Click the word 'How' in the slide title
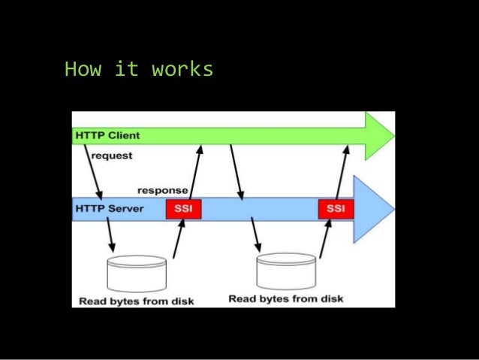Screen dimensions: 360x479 [80, 70]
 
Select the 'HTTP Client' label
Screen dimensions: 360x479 [107, 135]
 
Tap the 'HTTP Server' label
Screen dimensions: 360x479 [108, 207]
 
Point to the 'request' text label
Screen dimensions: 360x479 [112, 156]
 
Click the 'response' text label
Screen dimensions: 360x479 [162, 191]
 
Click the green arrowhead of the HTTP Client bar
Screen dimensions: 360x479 [379, 136]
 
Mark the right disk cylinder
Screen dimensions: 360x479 [285, 271]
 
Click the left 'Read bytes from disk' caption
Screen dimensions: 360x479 [137, 301]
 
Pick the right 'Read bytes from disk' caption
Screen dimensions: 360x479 [285, 299]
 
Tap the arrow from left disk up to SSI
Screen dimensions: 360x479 [178, 239]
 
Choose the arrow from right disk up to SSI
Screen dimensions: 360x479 [324, 239]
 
